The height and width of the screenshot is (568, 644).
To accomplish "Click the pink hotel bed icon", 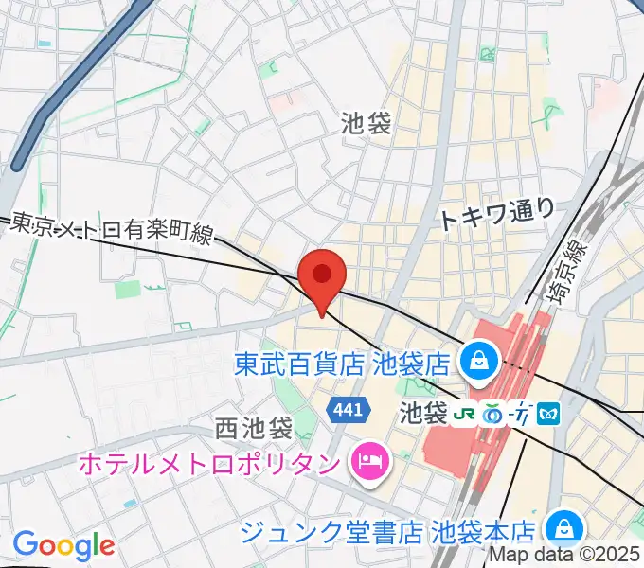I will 366,462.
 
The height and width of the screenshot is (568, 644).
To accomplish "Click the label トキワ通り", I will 496,215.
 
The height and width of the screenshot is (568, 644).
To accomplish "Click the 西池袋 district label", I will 253,428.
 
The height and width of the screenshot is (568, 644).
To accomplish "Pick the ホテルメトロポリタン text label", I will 210,463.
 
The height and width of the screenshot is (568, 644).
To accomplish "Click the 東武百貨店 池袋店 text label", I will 343,362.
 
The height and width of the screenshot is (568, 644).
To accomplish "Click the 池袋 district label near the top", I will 366,122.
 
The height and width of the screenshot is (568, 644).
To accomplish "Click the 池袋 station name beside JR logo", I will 422,414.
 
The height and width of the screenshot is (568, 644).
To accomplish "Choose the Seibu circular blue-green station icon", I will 492,414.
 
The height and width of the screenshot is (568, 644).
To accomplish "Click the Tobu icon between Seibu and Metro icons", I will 521,414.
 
